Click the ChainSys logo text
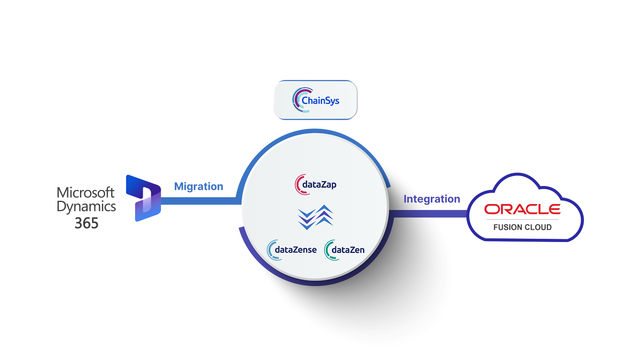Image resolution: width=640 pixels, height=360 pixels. (320, 101)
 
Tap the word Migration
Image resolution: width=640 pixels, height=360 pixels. (198, 187)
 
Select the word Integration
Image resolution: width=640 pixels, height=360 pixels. (432, 199)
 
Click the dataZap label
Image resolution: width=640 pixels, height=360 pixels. (319, 185)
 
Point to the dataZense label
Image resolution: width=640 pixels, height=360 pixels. (296, 250)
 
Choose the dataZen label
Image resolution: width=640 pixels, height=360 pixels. (348, 250)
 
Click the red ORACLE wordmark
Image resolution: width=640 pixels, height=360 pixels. (522, 209)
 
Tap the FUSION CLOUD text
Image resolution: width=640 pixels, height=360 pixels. (522, 228)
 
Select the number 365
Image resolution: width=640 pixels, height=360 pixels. (86, 223)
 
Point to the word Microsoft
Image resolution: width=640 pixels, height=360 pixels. (86, 193)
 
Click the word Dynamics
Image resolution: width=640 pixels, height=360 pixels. (86, 207)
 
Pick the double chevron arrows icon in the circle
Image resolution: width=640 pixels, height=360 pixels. (316, 217)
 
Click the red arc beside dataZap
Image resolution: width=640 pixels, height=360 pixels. (298, 185)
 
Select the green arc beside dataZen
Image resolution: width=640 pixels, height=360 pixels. (327, 250)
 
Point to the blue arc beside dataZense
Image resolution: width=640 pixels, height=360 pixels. (270, 250)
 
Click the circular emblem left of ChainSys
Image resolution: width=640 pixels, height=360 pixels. (297, 100)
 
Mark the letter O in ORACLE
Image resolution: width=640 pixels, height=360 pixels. (492, 209)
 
